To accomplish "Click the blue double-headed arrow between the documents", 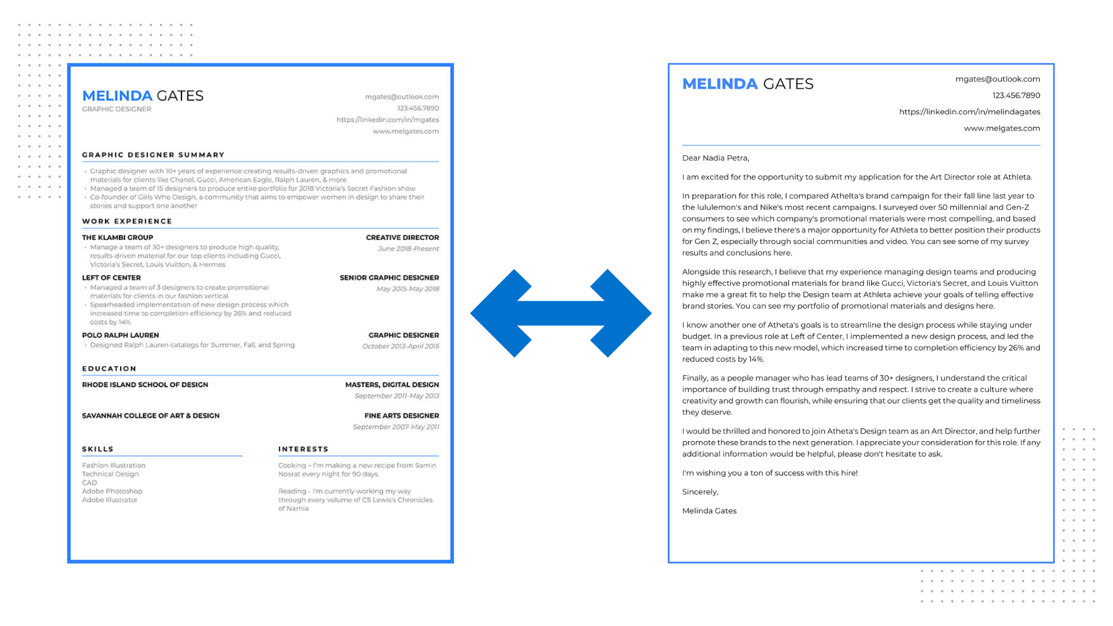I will coord(561,313).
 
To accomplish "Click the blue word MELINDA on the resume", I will coord(117,96).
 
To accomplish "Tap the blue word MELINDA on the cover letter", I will coord(719,84).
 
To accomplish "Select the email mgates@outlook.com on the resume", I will coord(402,97).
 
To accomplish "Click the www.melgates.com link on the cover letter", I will coord(1002,128).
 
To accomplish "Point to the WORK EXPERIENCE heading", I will coord(127,221).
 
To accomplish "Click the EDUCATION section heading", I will coord(109,369).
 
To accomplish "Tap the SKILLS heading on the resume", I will coord(97,449).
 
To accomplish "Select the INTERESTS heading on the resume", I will coord(303,449).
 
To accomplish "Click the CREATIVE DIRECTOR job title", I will coord(402,238).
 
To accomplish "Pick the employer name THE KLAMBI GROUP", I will coord(118,238).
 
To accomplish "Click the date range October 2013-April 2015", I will coord(401,347).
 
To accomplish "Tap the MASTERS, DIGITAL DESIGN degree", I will coord(392,385).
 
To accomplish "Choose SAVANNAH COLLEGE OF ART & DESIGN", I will coord(151,416).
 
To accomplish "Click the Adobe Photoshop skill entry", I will coord(112,492).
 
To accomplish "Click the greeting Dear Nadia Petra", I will coord(715,158).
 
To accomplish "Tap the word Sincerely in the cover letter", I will coord(700,492).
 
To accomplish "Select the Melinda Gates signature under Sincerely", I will coord(709,511).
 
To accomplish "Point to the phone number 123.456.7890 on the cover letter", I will coord(1016,96).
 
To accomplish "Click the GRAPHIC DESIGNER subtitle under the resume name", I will coord(117,110).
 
